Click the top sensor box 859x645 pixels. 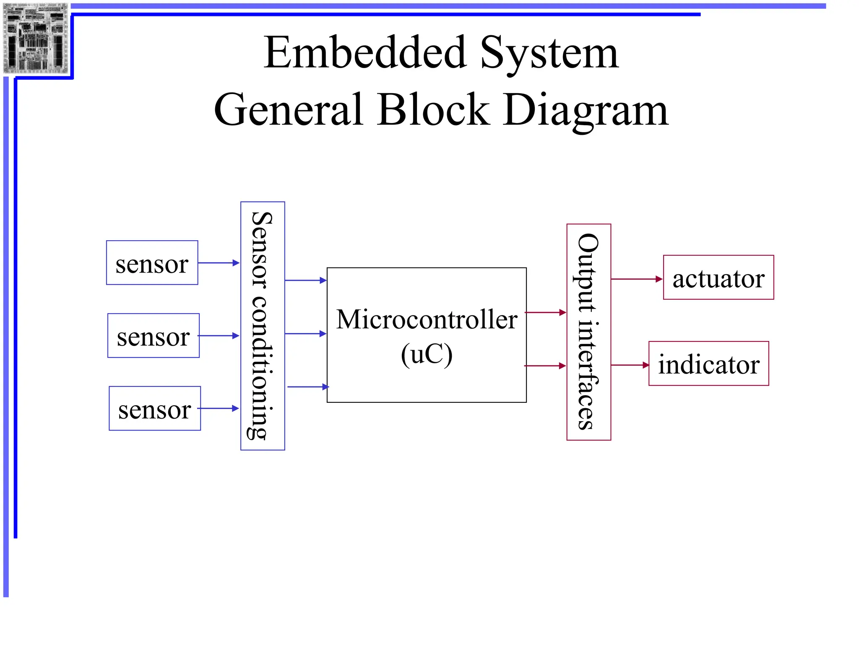click(x=152, y=263)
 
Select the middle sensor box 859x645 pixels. click(x=153, y=336)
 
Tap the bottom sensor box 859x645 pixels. click(x=155, y=408)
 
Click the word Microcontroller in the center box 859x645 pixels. click(x=427, y=320)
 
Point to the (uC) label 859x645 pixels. click(x=427, y=355)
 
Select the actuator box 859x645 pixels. click(x=718, y=278)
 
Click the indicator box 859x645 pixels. click(x=708, y=364)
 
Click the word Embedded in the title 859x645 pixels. click(x=365, y=53)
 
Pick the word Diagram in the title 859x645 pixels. click(x=586, y=110)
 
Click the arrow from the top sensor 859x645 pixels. click(x=219, y=263)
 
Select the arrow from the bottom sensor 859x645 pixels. click(x=219, y=408)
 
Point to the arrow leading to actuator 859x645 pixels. click(x=636, y=279)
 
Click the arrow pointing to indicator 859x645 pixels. click(x=630, y=365)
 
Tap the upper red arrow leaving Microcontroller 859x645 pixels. click(x=545, y=312)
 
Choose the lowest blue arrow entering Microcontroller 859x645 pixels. click(x=307, y=387)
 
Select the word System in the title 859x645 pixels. click(x=549, y=53)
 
